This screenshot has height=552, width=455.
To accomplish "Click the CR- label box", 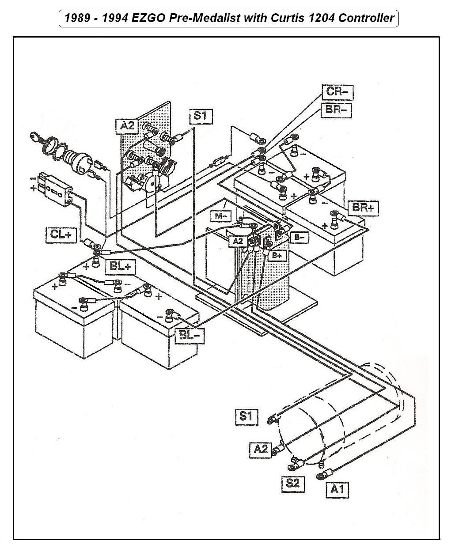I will click(x=337, y=92).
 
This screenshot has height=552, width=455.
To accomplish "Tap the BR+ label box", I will click(x=363, y=207).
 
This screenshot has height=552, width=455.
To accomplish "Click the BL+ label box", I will click(x=120, y=266).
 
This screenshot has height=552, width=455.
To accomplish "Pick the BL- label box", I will click(x=190, y=336).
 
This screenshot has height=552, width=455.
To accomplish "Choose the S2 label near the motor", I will click(x=293, y=483).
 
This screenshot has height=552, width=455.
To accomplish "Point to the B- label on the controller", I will click(x=300, y=238).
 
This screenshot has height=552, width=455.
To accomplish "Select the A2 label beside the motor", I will click(x=261, y=449).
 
